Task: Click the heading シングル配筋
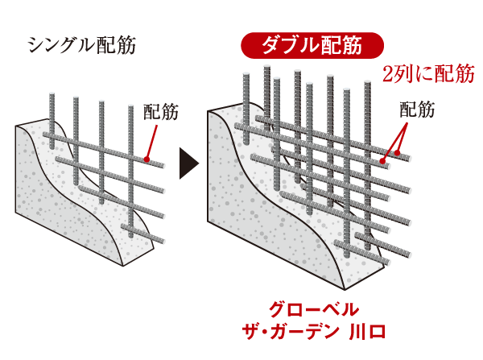pyautogui.click(x=80, y=44)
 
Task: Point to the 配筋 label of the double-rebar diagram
pyautogui.click(x=417, y=110)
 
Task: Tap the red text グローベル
pyautogui.click(x=312, y=308)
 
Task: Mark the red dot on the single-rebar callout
pyautogui.click(x=146, y=159)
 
